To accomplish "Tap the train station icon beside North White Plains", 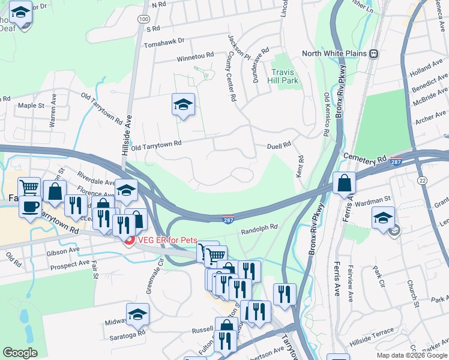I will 373,53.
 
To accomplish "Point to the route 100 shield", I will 143,19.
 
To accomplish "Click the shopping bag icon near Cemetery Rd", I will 344,184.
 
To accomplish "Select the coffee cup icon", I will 29,206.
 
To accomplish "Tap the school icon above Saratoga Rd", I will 137,314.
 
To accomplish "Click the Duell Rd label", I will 279,145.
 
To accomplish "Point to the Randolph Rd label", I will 259,227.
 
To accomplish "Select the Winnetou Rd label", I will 195,56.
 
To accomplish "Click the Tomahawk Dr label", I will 164,44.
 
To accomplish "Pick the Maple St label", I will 31,106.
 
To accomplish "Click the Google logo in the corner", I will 20,353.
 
